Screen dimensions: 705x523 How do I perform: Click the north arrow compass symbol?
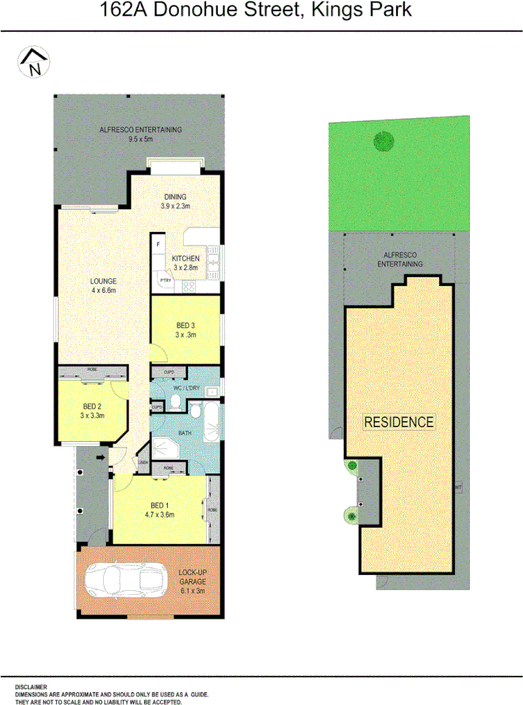[x=33, y=62]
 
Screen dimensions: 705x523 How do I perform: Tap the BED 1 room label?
[x=159, y=505]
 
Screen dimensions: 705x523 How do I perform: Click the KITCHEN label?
[x=185, y=258]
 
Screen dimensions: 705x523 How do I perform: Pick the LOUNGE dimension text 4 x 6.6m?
[x=103, y=291]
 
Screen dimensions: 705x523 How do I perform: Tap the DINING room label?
[x=175, y=197]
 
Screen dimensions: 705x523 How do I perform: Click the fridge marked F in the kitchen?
[x=159, y=246]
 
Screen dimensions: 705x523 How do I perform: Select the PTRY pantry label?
[x=166, y=280]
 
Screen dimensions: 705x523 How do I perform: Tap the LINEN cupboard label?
[x=143, y=463]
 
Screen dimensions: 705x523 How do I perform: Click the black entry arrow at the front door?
[x=101, y=457]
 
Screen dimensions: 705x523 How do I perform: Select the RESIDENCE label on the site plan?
[x=399, y=421]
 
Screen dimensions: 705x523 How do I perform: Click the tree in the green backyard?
[x=384, y=142]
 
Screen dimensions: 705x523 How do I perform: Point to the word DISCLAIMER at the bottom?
[x=31, y=687]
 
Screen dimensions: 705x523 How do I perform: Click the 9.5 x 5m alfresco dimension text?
[x=141, y=139]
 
